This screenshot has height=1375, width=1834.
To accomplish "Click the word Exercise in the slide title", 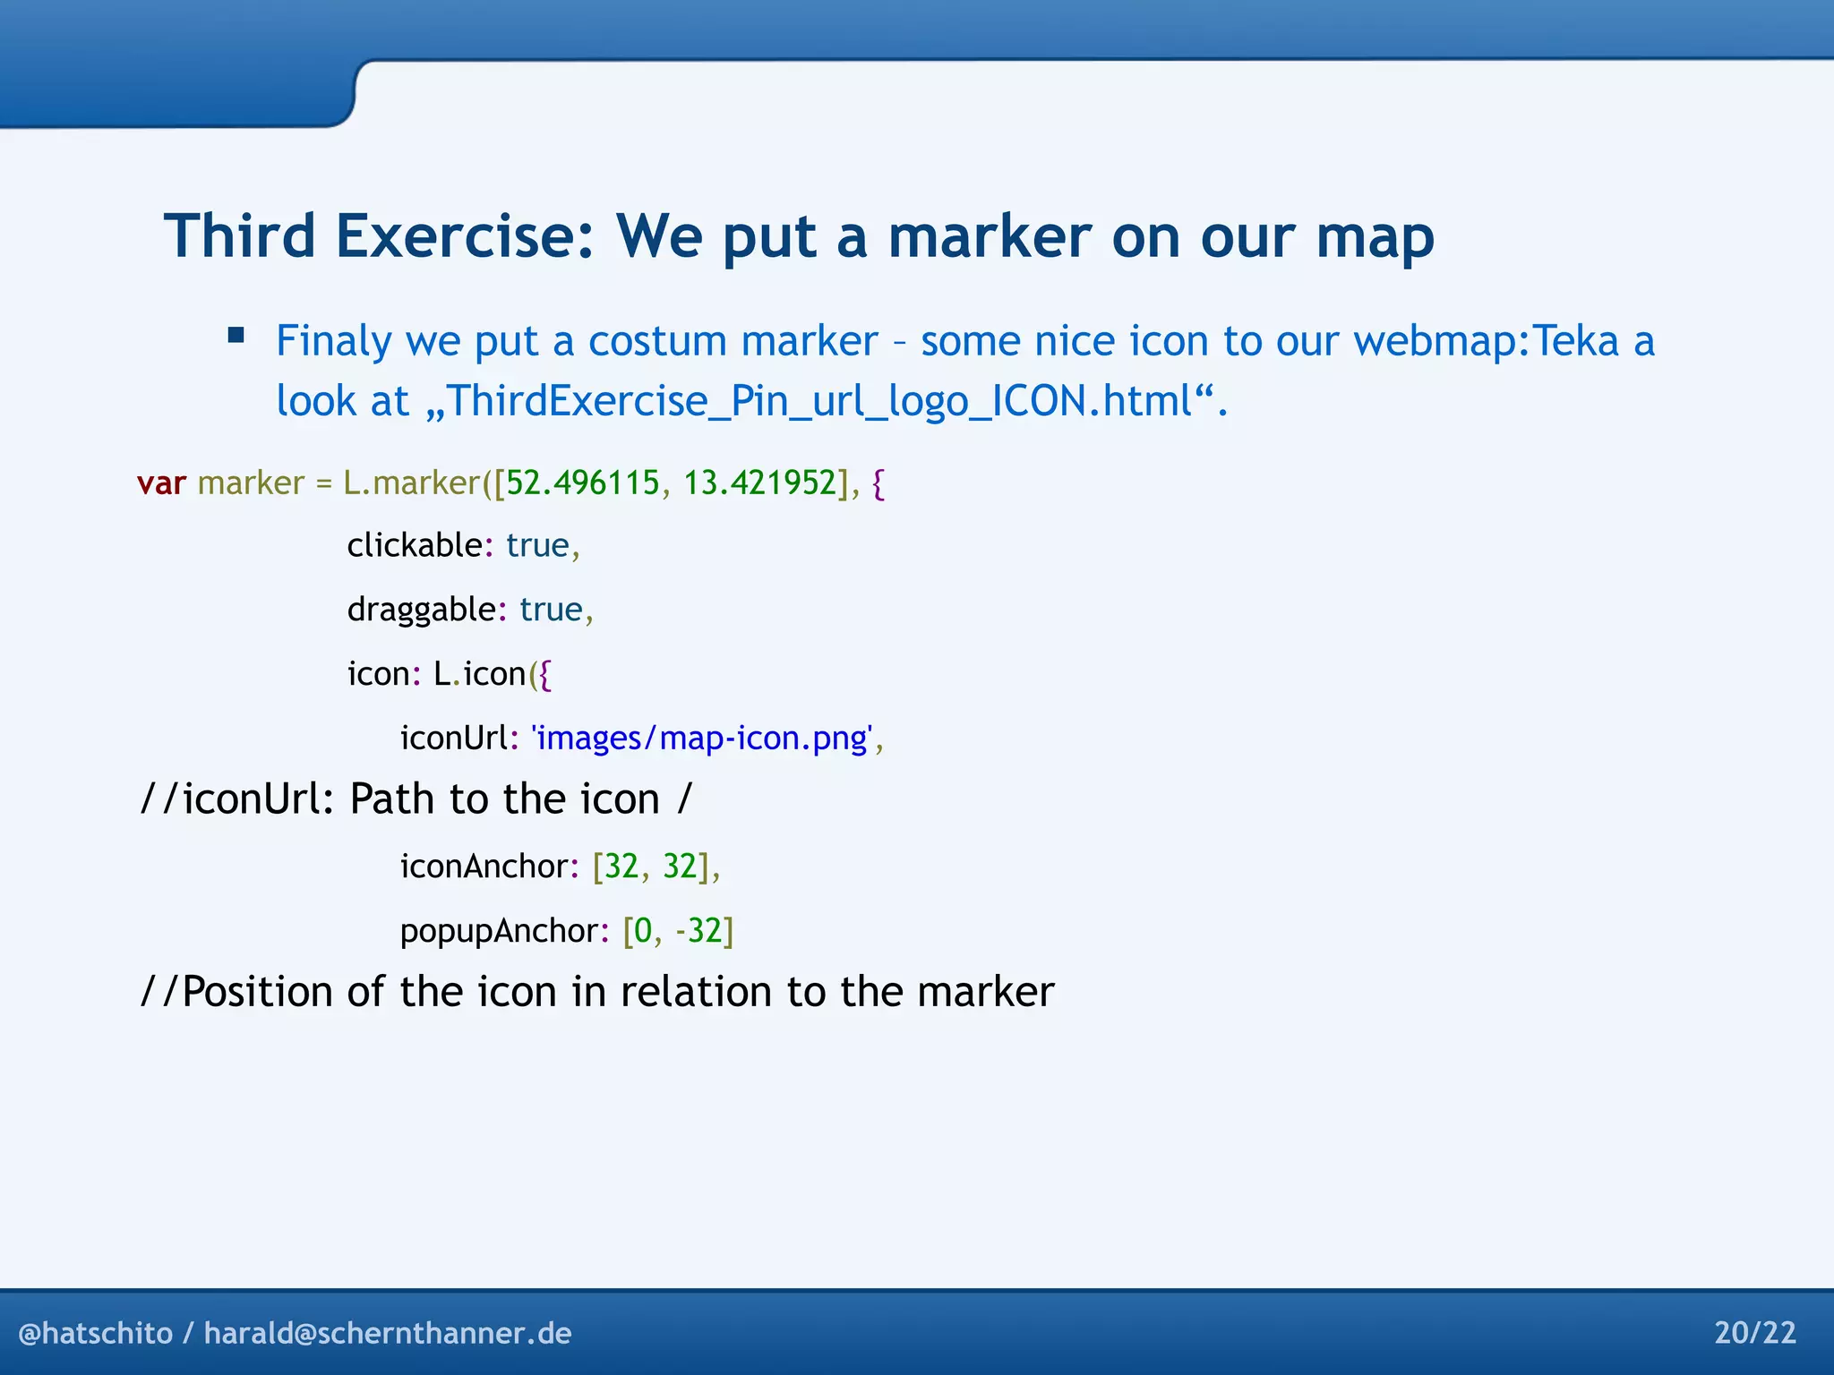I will click(x=464, y=237).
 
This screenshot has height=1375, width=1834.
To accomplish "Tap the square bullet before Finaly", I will click(x=236, y=337).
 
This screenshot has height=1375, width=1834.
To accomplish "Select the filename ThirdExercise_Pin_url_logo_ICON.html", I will click(x=819, y=401).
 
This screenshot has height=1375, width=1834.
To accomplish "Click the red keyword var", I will click(x=161, y=483).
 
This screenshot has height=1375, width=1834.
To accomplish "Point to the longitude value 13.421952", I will click(x=759, y=483).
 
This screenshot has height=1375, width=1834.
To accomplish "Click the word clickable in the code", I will click(x=415, y=545).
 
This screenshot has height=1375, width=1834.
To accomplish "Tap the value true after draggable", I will click(x=551, y=610).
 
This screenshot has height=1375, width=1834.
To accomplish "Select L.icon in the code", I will click(x=479, y=674).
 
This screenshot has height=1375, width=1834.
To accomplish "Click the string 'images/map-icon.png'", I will click(x=701, y=739).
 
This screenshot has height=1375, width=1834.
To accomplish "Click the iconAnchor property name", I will click(x=484, y=867).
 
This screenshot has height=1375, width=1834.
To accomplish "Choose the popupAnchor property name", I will click(x=498, y=931).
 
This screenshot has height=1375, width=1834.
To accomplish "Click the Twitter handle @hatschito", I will click(x=96, y=1333).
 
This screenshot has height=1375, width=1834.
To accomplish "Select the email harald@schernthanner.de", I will click(x=388, y=1333).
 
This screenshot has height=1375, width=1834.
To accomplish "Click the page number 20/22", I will click(x=1754, y=1333).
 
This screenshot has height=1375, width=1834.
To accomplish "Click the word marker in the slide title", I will click(x=989, y=237).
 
